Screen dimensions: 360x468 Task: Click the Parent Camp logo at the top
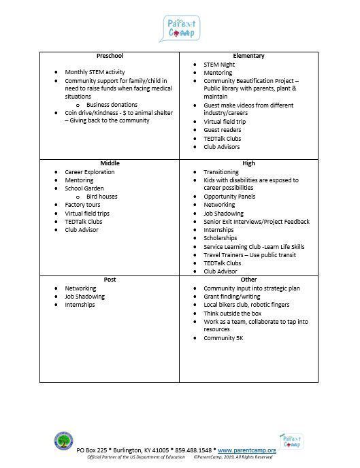[182, 28]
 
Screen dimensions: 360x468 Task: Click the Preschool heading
[109, 56]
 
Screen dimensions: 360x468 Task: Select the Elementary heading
[248, 56]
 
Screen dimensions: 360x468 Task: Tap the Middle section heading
[110, 163]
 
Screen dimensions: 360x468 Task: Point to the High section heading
[248, 163]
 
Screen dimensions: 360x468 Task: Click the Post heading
[110, 280]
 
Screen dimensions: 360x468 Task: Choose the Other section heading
[248, 280]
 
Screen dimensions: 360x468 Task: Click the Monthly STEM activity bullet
[95, 72]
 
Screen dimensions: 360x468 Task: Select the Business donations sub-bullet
[112, 105]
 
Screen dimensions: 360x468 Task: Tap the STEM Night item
[219, 64]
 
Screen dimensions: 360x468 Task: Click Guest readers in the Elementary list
[222, 130]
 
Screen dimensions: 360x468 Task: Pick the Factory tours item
[82, 205]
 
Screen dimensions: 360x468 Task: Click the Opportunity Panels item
[229, 197]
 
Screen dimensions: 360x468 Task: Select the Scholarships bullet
[220, 238]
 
